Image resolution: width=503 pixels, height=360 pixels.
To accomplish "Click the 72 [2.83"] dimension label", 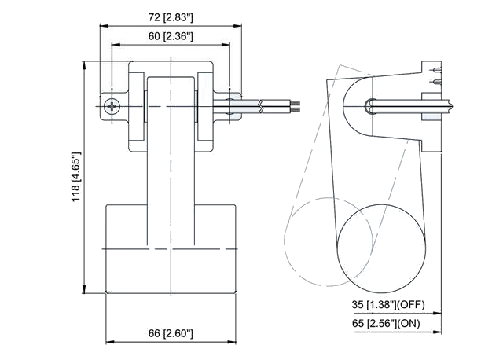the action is [171, 17].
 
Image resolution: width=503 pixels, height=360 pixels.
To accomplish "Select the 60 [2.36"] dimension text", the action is [171, 36].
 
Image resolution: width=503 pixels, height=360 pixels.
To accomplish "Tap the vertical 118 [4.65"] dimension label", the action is [75, 177].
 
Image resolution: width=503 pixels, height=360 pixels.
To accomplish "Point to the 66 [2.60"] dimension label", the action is [171, 333].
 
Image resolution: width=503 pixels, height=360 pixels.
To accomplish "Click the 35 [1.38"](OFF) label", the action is [388, 304].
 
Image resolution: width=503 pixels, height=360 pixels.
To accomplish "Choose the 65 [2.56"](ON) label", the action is [386, 323].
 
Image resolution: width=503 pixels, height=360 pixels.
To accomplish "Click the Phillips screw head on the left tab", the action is [112, 106].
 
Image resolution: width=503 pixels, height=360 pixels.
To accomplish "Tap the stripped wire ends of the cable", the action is [296, 107].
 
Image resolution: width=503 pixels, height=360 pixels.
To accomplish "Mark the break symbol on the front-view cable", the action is [262, 106].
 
